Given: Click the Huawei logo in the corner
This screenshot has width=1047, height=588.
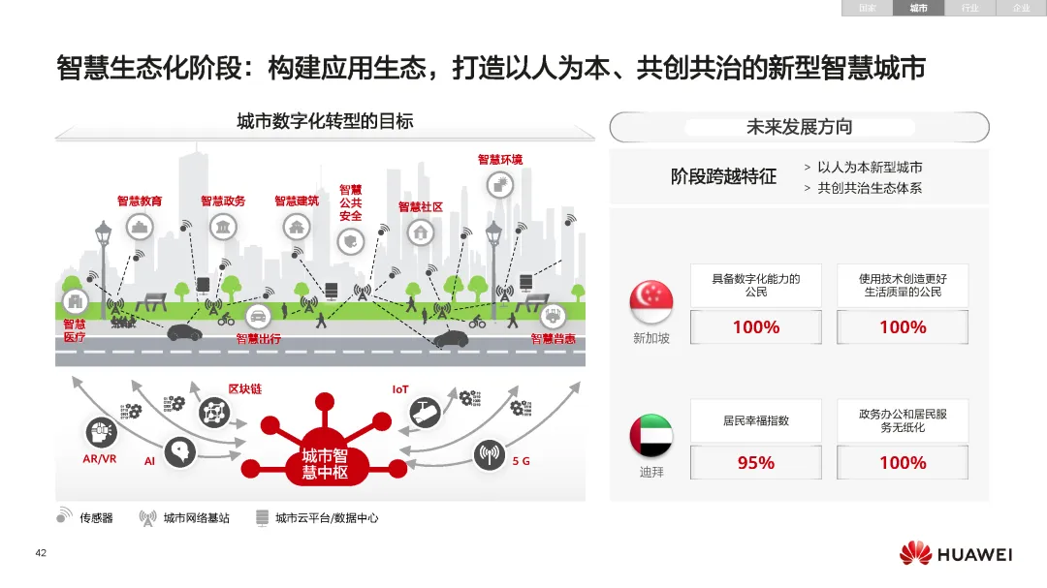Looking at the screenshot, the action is [955, 554].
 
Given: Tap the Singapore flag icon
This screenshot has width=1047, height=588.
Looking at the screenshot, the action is [650, 302].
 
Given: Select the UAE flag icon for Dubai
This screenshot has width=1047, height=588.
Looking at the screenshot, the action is [650, 437].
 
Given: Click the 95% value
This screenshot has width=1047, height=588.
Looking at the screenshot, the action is [755, 463].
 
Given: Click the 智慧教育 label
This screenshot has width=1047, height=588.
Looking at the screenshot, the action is [140, 201].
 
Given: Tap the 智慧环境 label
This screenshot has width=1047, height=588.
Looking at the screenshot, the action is [499, 159].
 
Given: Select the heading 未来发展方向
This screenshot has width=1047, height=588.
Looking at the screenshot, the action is [799, 127].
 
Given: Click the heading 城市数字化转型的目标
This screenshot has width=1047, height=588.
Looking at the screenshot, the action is [325, 121].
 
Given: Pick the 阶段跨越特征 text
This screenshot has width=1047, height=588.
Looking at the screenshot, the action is [723, 176].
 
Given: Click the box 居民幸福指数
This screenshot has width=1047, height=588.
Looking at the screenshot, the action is [755, 420].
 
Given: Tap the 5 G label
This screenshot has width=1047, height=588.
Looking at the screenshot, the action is [522, 461].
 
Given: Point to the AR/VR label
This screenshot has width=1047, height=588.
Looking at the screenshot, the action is [99, 459].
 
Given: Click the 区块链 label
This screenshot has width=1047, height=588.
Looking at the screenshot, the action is [244, 389].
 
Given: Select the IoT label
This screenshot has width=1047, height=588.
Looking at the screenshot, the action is [400, 389].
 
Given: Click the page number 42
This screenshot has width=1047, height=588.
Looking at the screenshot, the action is [41, 553].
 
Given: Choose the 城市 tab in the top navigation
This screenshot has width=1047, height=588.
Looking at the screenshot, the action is [918, 8].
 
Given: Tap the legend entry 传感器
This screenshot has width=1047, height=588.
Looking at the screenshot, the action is [96, 518].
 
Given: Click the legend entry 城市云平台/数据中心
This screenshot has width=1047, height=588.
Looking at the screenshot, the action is [327, 518].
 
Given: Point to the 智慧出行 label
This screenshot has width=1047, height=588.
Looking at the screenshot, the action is [259, 339].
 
